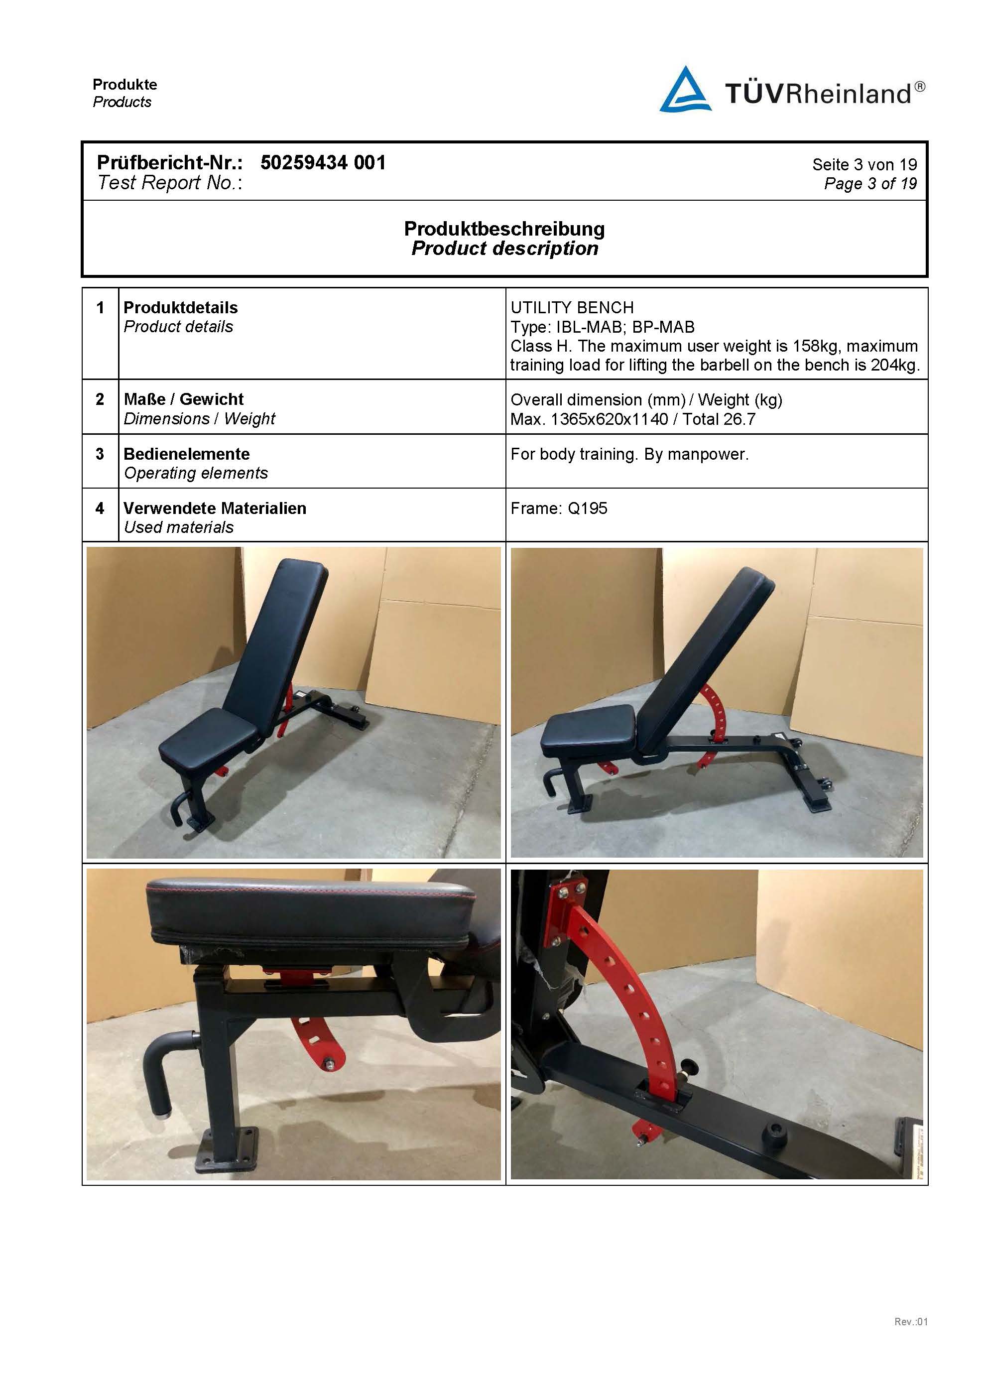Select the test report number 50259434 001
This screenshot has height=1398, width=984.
[x=323, y=162]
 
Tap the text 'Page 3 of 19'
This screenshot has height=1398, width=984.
[x=870, y=183]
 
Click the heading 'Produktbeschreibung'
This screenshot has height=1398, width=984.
[x=504, y=229]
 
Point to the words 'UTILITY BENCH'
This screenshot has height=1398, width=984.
[x=572, y=307]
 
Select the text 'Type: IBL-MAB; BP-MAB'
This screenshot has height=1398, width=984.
[x=602, y=327]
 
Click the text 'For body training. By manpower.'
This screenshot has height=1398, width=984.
[x=629, y=454]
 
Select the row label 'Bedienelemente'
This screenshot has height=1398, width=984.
[x=186, y=454]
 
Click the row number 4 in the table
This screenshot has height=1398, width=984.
[x=100, y=508]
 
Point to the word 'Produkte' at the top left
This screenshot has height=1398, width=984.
[x=125, y=85]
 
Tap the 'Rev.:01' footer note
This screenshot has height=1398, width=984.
[x=910, y=1338]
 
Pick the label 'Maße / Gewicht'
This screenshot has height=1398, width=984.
[x=183, y=399]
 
